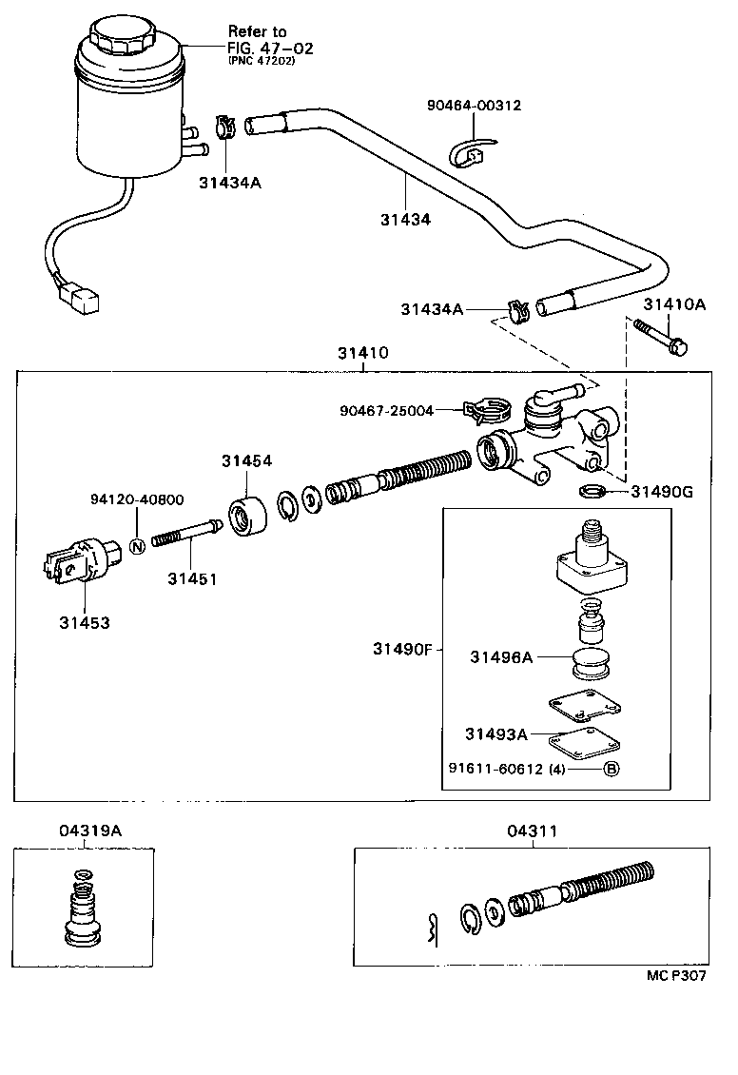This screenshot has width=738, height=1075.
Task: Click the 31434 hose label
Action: [405, 219]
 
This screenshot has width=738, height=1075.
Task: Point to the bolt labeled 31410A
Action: [662, 338]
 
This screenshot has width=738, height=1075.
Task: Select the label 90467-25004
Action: [386, 410]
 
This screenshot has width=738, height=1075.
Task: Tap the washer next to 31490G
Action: [592, 492]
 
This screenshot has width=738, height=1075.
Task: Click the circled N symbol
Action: [136, 546]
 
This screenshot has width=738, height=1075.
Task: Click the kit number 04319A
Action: [84, 830]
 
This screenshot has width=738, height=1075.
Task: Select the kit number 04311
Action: [531, 831]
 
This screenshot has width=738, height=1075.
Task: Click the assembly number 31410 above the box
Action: [362, 353]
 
